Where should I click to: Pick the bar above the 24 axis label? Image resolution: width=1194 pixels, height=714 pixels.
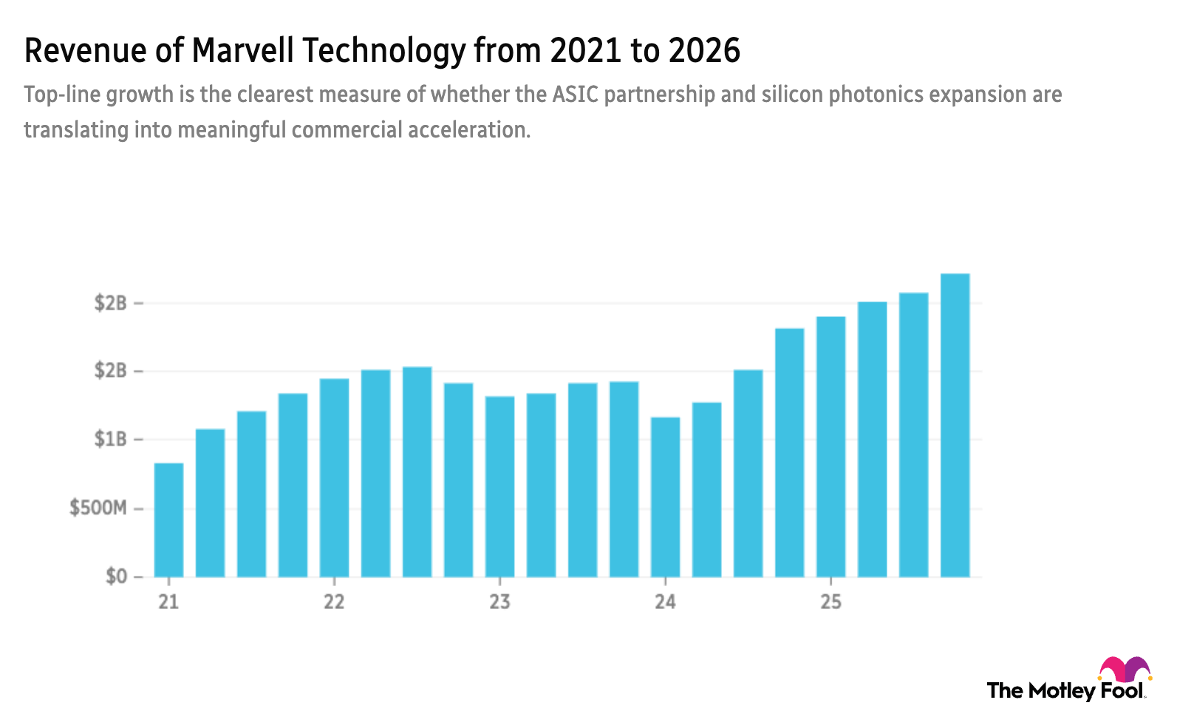665,495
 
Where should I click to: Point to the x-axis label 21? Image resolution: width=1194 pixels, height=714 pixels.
168,602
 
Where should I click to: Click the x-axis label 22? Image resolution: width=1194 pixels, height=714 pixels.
334,602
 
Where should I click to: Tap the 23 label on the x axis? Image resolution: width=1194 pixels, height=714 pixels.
499,602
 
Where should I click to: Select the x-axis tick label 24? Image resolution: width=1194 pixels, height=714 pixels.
665,602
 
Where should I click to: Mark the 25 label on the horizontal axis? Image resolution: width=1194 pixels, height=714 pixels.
830,602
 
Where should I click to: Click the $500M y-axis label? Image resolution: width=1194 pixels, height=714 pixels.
96,506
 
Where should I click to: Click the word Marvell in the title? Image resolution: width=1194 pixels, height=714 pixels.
243,50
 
